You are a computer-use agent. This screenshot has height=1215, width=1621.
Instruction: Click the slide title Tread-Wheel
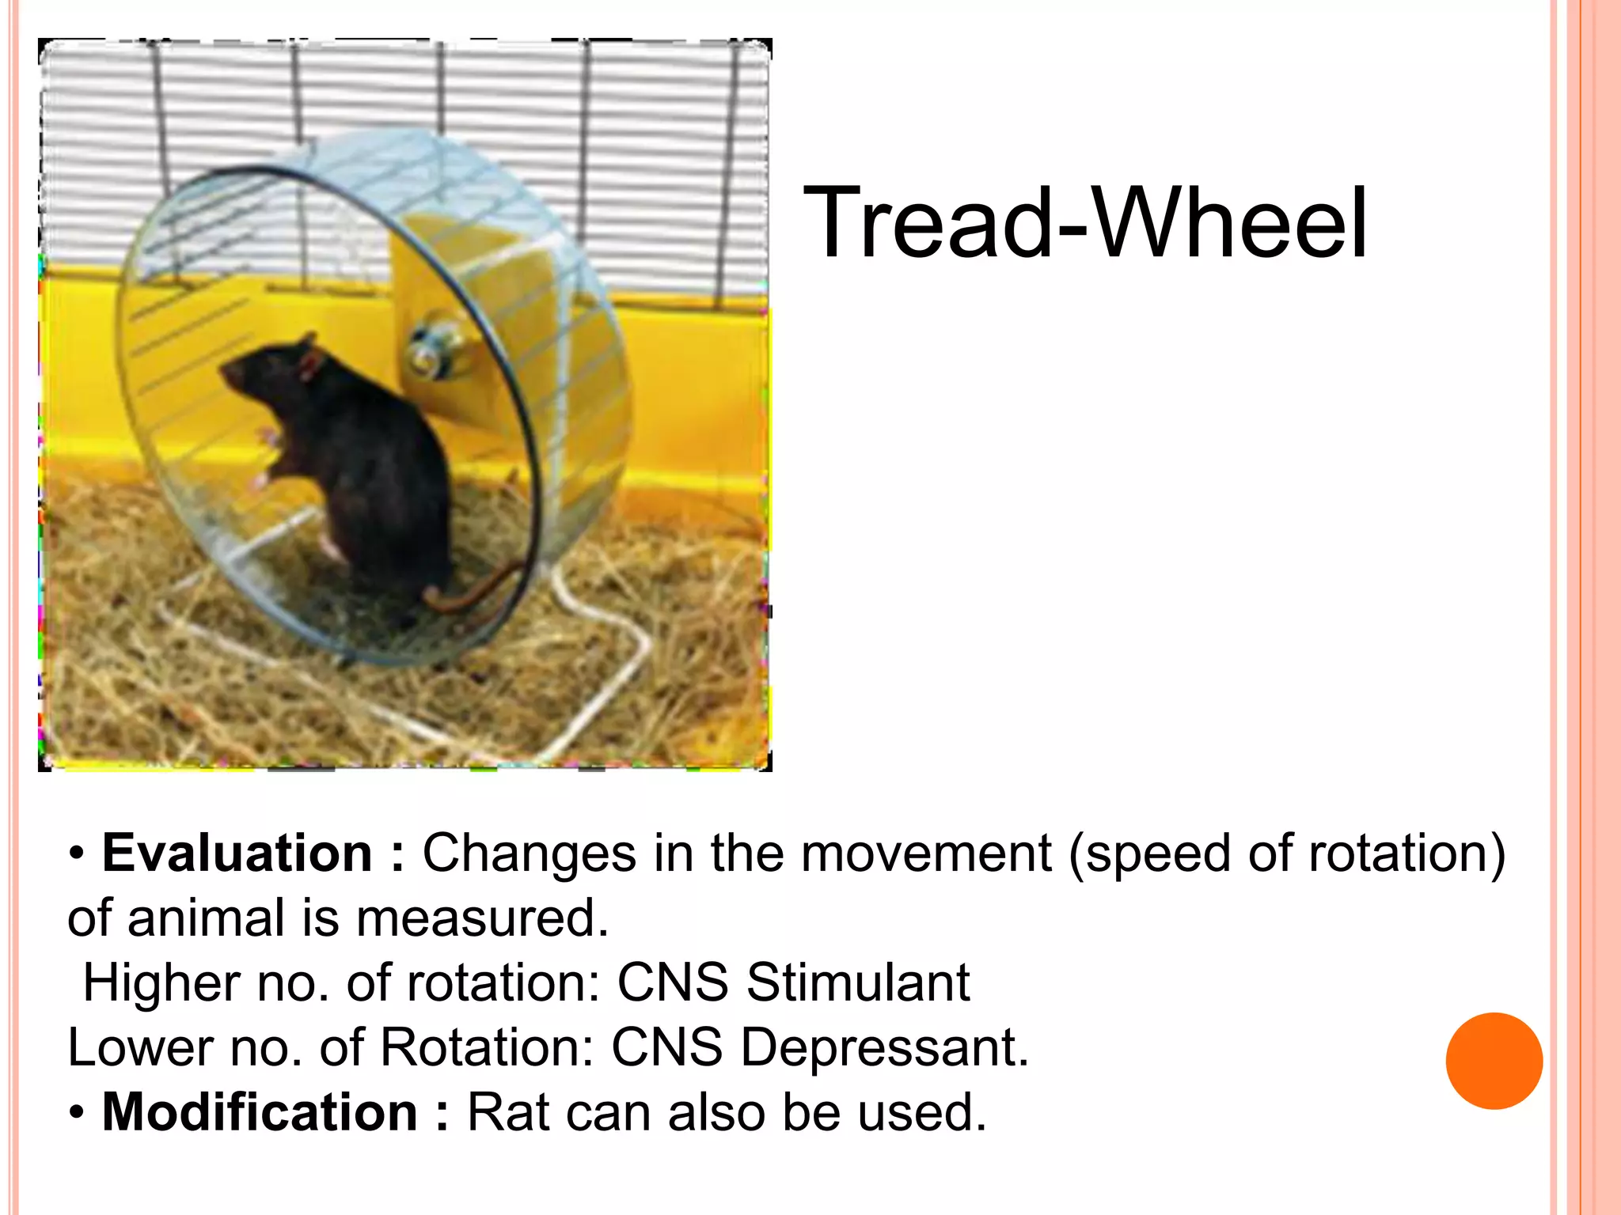[x=1084, y=223]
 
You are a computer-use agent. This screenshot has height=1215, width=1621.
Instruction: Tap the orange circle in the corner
[x=1494, y=1061]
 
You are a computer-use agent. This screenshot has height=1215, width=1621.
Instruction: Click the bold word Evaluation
[x=237, y=854]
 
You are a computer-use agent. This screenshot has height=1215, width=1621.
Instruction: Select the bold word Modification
[x=260, y=1112]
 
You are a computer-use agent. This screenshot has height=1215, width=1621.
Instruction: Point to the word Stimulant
[x=858, y=982]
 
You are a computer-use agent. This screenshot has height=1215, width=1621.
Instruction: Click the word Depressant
[x=884, y=1047]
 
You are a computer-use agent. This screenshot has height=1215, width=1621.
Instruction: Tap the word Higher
[x=161, y=982]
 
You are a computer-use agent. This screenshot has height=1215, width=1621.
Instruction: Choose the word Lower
[x=140, y=1047]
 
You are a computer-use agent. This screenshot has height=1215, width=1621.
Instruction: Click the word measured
[x=482, y=918]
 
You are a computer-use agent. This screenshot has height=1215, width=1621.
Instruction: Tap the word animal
[x=206, y=918]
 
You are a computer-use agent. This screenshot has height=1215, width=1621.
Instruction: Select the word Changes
[x=529, y=854]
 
